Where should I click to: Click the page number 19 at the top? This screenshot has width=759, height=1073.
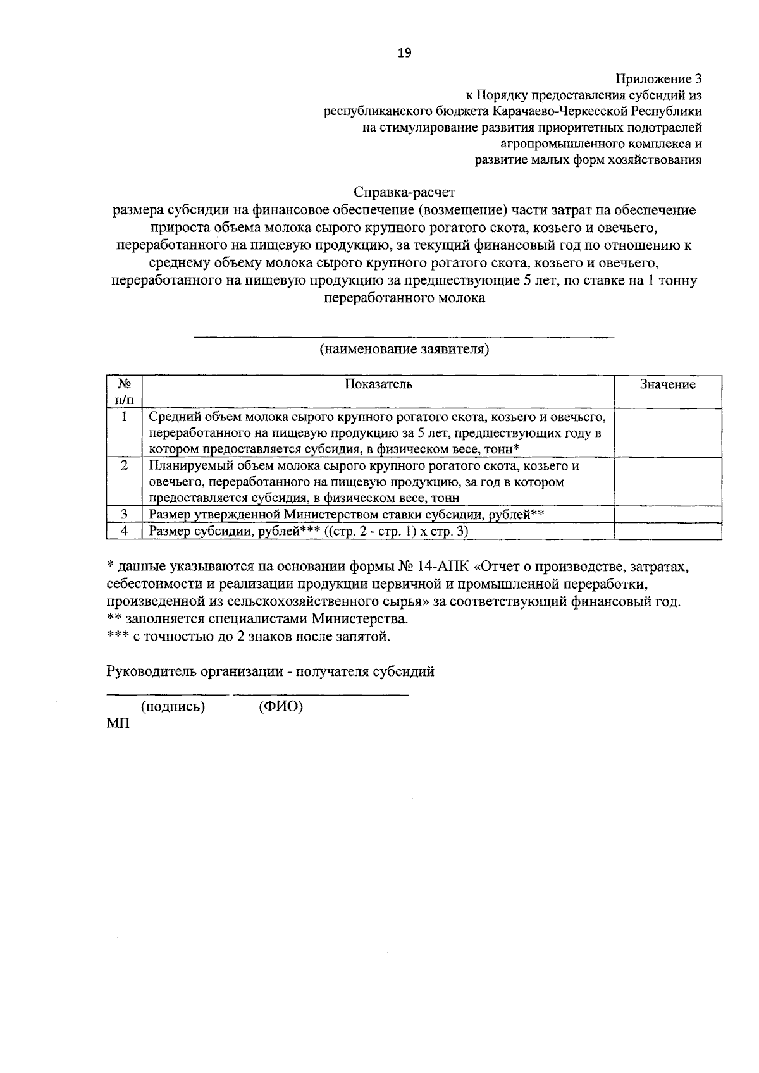(x=404, y=54)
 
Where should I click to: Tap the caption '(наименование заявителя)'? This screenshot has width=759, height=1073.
(x=404, y=349)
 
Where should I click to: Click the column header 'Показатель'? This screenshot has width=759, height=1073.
(x=378, y=384)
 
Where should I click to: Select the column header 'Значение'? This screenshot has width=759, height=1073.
(x=667, y=384)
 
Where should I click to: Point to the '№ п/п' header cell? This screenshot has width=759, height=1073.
(x=124, y=392)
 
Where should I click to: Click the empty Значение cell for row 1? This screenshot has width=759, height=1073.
(x=667, y=432)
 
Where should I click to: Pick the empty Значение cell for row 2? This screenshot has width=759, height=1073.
(x=667, y=481)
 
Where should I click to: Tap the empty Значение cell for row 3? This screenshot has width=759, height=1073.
(x=667, y=514)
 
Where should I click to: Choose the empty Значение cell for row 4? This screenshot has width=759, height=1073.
(x=667, y=531)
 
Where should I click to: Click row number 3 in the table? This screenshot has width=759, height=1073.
(x=125, y=514)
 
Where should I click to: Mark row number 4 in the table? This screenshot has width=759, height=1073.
(x=125, y=531)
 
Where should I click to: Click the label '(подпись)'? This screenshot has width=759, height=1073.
(x=173, y=707)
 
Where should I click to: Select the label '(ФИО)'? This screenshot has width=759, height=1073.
(x=281, y=707)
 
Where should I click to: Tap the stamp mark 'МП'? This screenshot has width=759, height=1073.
(x=118, y=724)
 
